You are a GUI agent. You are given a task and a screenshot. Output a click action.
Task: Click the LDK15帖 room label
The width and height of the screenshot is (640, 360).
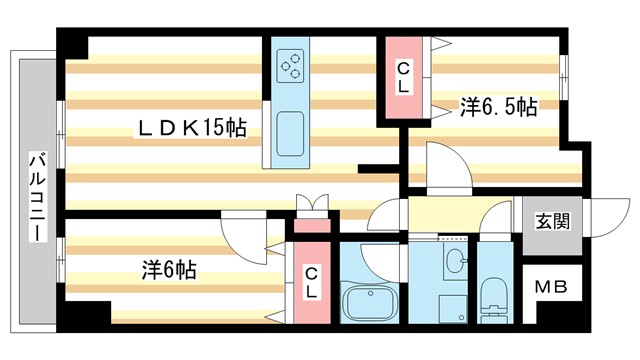pyautogui.click(x=193, y=128)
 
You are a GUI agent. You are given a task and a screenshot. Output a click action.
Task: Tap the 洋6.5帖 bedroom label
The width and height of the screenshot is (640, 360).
pyautogui.click(x=497, y=106)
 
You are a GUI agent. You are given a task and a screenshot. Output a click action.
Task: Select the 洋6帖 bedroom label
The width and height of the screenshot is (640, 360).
pyautogui.click(x=168, y=269)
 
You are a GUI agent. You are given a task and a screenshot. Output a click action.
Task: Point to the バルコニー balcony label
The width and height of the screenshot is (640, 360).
pyautogui.click(x=36, y=195)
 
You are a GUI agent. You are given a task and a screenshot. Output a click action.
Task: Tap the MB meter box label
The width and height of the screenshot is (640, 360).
pyautogui.click(x=550, y=287)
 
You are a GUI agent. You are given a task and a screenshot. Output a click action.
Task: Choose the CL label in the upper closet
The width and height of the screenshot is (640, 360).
pyautogui.click(x=403, y=77)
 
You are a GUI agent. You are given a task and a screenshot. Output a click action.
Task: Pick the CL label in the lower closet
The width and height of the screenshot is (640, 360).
pyautogui.click(x=311, y=281)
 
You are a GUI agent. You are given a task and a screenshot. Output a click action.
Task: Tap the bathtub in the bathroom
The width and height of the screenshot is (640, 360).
pyautogui.click(x=371, y=299)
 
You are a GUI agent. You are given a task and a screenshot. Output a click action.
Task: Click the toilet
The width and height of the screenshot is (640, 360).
pyautogui.click(x=493, y=296)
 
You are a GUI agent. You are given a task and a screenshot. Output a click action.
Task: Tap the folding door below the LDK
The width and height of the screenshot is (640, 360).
pyautogui.click(x=311, y=203)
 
